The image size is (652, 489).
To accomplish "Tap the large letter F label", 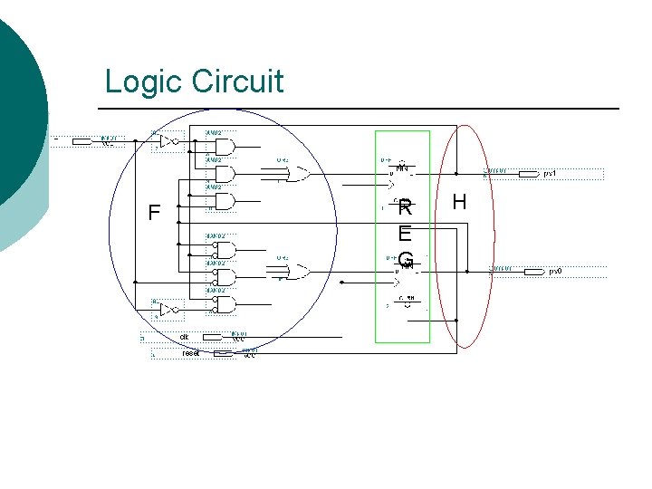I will point(154,214).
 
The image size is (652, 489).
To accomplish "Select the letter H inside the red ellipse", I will point(459,202).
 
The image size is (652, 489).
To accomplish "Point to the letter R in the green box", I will point(405,207).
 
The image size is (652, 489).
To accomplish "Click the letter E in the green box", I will point(405,234).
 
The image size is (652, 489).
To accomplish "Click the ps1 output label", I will point(550,173).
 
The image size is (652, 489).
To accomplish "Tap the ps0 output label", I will point(554,271).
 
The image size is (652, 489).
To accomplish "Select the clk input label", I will point(184,337).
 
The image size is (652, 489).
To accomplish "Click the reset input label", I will point(190,353).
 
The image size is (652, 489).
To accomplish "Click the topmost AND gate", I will point(224,146).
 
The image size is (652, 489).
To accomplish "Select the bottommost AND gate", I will point(224,303).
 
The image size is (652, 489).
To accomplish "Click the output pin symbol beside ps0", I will point(532,271).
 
